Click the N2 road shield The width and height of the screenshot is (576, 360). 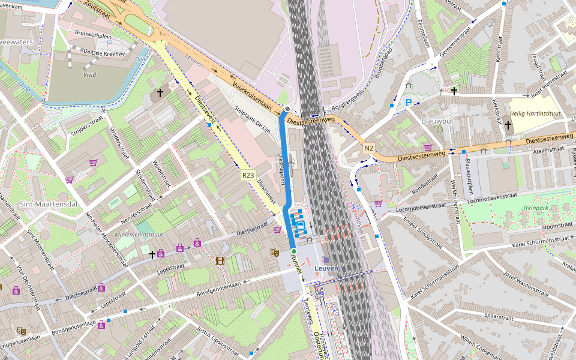coord(368,148)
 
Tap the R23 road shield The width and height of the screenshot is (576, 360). coord(248,175)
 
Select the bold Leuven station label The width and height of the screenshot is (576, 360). coord(326,268)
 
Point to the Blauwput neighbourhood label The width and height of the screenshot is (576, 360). coord(436,121)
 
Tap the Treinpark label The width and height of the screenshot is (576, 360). coord(535,207)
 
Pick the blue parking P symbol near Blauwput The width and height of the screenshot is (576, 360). coord(409,103)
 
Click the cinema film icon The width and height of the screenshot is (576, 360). coord(220,260)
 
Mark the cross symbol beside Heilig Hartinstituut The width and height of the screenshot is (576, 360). coord(508,125)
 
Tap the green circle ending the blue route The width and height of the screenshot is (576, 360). coord(294,251)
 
